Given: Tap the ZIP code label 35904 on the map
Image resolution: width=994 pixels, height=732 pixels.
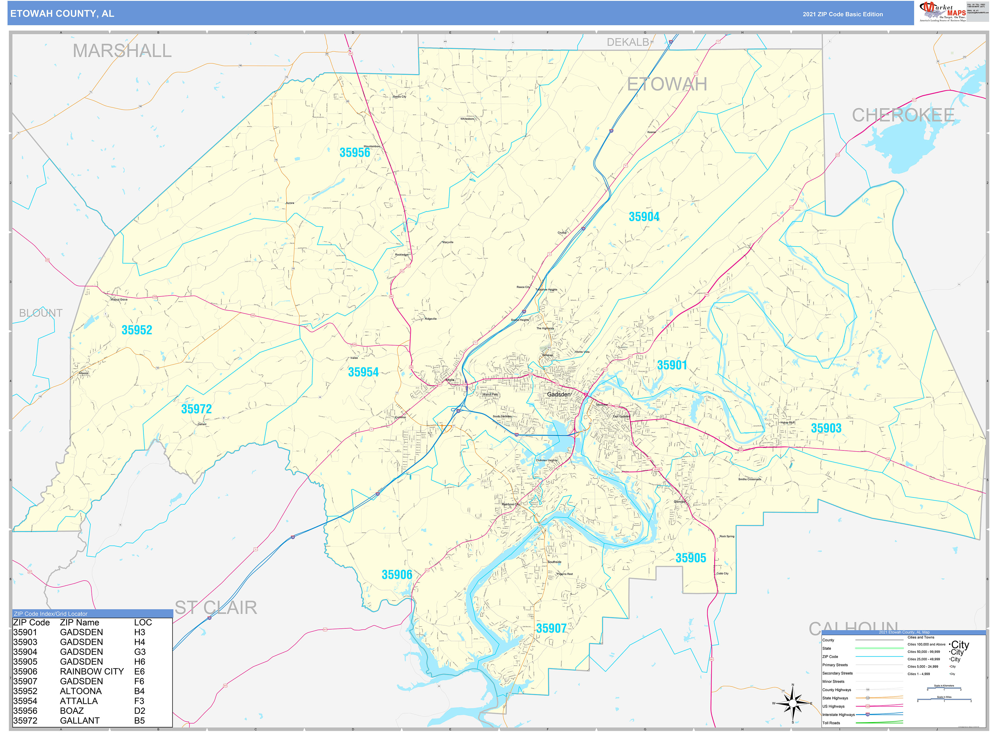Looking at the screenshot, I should (x=644, y=217).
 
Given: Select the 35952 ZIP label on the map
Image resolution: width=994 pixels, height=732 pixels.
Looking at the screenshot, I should (x=137, y=330).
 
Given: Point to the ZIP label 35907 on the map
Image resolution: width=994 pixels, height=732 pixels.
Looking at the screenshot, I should (x=551, y=628).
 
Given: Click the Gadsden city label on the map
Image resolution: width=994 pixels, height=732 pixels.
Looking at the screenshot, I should (x=559, y=394).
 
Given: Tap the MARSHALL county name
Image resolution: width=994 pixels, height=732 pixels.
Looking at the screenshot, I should (x=122, y=51).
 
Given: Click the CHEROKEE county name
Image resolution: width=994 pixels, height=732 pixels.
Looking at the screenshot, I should (x=903, y=115).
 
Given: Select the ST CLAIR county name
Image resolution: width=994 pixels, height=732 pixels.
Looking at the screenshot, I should (x=216, y=608).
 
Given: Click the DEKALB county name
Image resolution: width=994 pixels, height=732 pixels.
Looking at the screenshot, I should (x=627, y=43).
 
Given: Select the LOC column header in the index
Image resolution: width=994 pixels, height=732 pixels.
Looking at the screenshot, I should (x=143, y=622).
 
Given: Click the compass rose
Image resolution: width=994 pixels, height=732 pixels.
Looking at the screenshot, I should (x=793, y=703).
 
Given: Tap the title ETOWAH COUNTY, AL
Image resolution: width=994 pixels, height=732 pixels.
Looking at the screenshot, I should (x=62, y=14).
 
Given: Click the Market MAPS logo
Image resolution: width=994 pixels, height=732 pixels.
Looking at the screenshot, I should (x=942, y=12).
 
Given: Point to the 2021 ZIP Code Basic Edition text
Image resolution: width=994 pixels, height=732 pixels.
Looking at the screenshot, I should (x=842, y=14).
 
